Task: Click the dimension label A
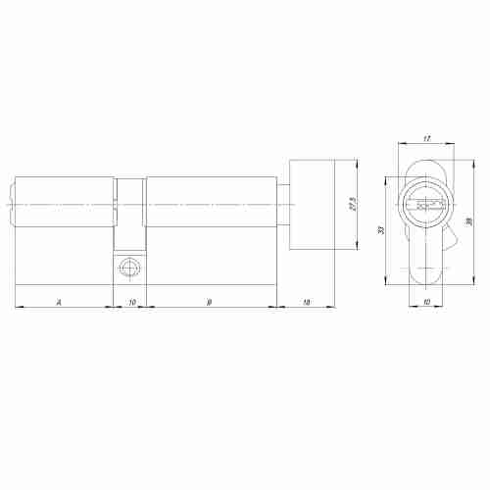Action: (x=61, y=301)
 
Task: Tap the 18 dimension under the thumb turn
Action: (x=308, y=301)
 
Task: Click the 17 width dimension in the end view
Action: (x=427, y=139)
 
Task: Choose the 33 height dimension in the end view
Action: (x=380, y=229)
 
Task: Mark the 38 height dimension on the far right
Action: (x=469, y=222)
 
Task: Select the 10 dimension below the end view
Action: (x=426, y=301)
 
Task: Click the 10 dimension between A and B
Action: (x=132, y=301)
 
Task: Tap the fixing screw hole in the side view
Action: (x=128, y=268)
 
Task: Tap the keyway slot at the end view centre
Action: (x=426, y=205)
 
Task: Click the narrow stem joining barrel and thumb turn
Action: (x=282, y=205)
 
